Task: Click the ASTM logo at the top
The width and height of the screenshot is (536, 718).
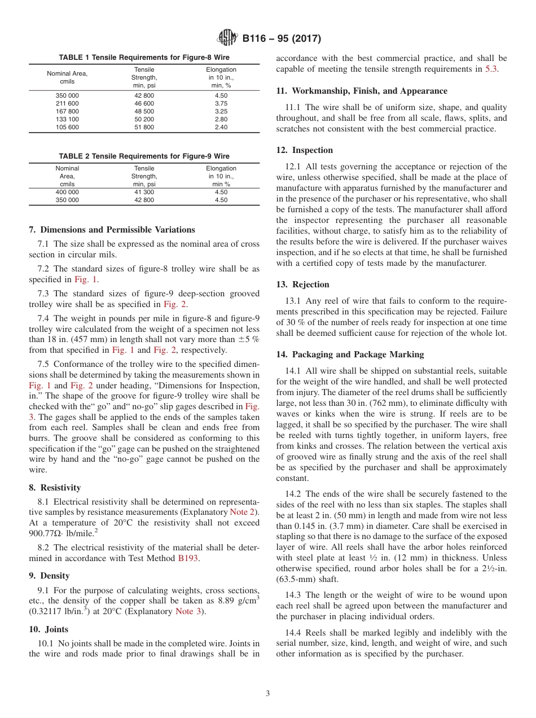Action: (x=227, y=38)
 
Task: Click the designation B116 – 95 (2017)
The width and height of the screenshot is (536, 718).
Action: (x=282, y=39)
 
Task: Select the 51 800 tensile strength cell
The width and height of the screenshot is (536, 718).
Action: (x=144, y=128)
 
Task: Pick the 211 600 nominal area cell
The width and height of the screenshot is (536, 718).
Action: (x=67, y=104)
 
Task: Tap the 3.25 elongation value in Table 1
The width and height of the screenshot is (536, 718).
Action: (x=221, y=112)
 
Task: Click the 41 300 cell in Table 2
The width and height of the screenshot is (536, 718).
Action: (x=144, y=192)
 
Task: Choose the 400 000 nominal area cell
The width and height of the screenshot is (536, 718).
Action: (x=67, y=192)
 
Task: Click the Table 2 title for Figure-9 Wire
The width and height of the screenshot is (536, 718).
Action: (x=144, y=156)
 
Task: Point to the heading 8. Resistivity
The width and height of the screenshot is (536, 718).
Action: (x=55, y=487)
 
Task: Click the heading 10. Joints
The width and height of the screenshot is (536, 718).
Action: (x=48, y=629)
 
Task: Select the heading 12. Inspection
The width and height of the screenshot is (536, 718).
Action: (x=305, y=150)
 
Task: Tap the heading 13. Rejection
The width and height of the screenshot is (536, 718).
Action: (x=302, y=284)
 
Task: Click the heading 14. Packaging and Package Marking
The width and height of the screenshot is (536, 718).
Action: (x=350, y=354)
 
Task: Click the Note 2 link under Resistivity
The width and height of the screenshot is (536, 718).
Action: (x=243, y=511)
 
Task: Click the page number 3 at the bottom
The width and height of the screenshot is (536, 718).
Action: (x=268, y=694)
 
